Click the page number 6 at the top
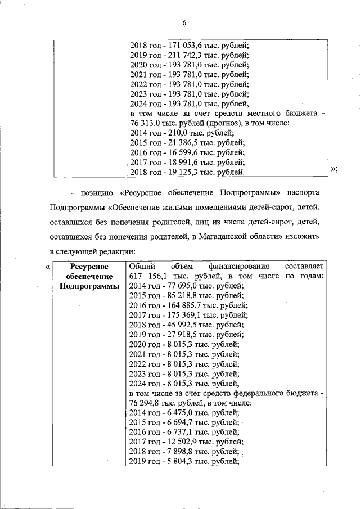click(183, 22)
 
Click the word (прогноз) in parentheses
click(226, 124)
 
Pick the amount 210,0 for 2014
click(172, 133)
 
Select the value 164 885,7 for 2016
click(181, 305)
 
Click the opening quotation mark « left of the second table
click(47, 265)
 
